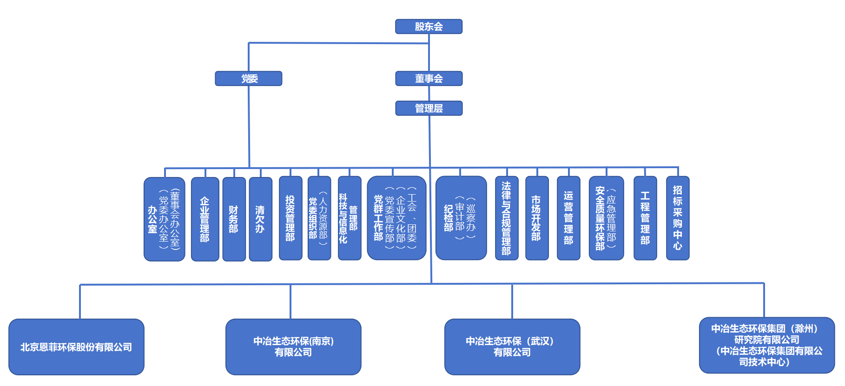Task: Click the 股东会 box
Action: click(429, 26)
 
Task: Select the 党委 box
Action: click(249, 79)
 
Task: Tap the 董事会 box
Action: click(429, 79)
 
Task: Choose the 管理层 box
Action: click(429, 108)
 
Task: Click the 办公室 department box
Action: click(164, 219)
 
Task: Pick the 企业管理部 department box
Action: click(205, 219)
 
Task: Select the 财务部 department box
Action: click(234, 219)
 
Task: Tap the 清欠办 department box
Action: click(260, 219)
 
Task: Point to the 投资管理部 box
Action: click(290, 218)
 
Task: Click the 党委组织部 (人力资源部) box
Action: click(319, 218)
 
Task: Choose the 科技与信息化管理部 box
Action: click(350, 218)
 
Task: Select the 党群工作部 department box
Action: click(396, 218)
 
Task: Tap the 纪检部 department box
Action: click(461, 218)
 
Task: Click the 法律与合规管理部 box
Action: click(507, 218)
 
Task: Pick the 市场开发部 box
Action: click(537, 218)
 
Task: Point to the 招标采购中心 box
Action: click(678, 218)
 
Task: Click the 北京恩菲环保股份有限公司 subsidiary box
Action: click(76, 347)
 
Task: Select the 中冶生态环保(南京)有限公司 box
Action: click(293, 347)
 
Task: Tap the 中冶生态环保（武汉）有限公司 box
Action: click(512, 347)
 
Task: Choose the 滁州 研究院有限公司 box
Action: click(767, 345)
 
